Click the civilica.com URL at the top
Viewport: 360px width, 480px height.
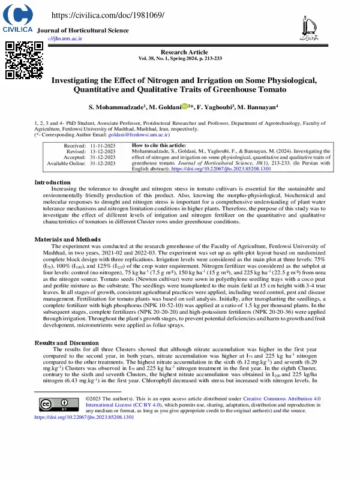pos(108,15)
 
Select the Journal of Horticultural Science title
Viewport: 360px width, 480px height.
pos(83,30)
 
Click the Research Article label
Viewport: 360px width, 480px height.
pos(180,53)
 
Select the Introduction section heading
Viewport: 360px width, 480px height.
pos(52,182)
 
